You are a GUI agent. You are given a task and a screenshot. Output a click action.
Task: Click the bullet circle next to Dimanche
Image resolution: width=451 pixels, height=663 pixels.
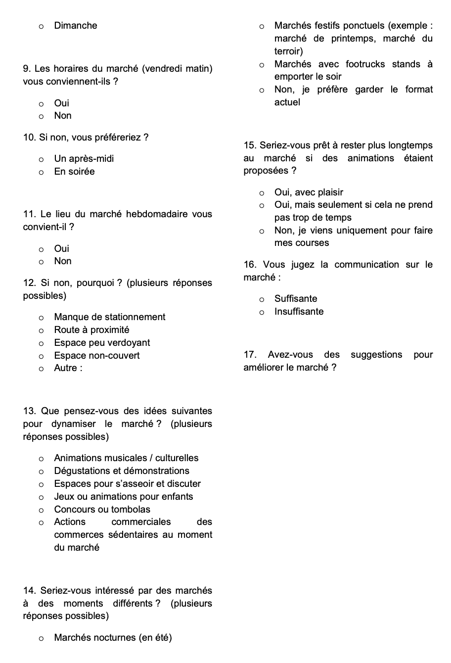[42, 26]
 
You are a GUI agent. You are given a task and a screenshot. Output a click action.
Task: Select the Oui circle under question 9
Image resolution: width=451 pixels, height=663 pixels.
[42, 104]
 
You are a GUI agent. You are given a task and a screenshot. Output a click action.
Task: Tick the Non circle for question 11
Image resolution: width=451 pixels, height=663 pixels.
[42, 262]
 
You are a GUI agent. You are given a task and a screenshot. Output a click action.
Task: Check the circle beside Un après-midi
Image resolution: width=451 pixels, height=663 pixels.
[42, 159]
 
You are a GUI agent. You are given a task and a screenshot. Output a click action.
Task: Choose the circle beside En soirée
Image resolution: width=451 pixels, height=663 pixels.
[42, 172]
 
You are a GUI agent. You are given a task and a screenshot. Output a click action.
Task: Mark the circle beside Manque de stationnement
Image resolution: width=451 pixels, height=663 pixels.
[42, 318]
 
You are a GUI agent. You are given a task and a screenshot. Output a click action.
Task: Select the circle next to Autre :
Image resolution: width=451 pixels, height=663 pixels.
[42, 369]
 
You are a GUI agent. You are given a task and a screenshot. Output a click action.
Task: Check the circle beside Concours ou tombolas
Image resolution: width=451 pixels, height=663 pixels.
[42, 510]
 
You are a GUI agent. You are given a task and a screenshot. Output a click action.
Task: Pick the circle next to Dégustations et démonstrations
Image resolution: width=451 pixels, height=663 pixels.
[42, 472]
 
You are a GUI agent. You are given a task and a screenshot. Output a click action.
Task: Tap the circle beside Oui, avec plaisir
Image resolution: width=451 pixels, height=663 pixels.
[262, 193]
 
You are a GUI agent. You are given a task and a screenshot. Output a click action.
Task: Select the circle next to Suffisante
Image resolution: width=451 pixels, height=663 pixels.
[262, 299]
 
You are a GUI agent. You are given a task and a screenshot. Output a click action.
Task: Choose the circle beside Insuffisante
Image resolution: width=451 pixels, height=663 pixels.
[262, 312]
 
